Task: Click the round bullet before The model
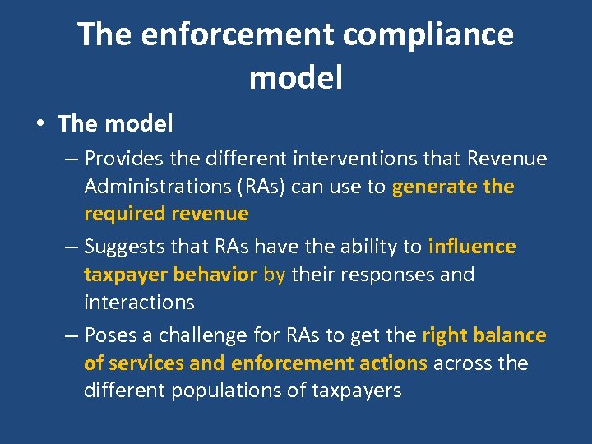(x=39, y=124)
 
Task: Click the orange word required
(x=125, y=215)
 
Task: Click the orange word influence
(x=472, y=247)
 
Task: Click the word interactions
(x=139, y=303)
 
